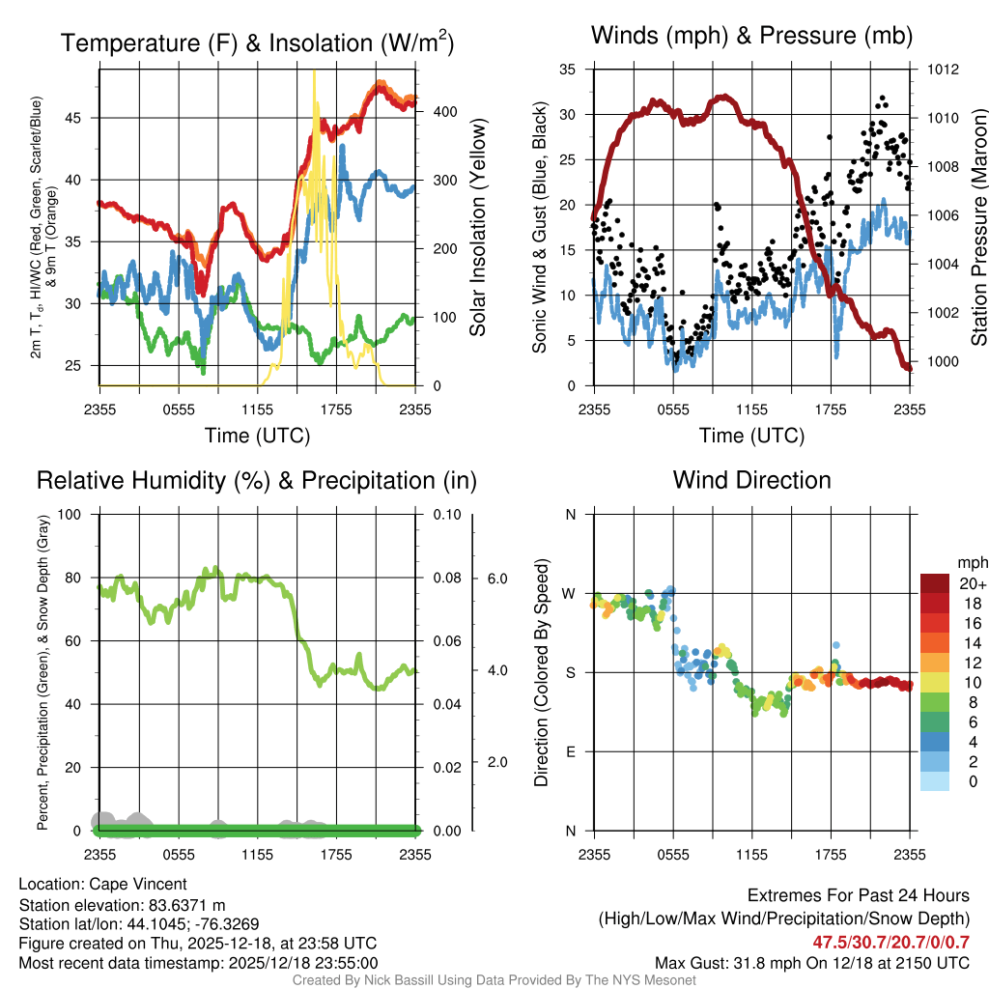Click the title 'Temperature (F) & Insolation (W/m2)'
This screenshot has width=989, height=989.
click(x=257, y=43)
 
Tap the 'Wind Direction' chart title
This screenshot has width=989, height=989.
click(x=751, y=480)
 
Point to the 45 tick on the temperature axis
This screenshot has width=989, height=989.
click(x=79, y=118)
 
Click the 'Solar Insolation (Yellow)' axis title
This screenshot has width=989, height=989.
click(x=477, y=228)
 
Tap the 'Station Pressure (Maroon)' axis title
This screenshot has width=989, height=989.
click(x=977, y=228)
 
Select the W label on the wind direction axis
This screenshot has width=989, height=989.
click(x=570, y=593)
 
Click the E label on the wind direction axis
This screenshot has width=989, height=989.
click(x=570, y=751)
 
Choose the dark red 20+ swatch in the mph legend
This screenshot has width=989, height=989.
click(x=938, y=583)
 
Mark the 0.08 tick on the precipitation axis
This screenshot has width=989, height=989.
click(x=445, y=578)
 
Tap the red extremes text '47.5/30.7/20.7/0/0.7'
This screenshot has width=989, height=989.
click(x=890, y=943)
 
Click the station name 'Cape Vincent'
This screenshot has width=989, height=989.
click(x=138, y=884)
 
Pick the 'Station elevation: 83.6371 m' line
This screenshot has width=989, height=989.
click(x=122, y=905)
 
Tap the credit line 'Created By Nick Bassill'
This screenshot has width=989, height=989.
click(x=494, y=980)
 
